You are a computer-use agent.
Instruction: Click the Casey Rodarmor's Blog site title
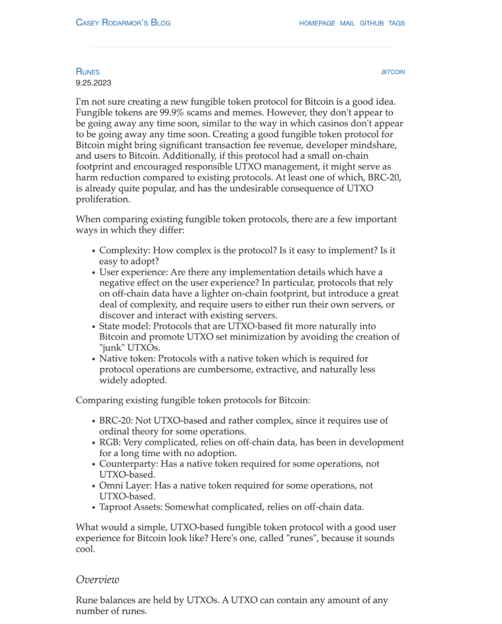123,23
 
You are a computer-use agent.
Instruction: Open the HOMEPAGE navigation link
317,23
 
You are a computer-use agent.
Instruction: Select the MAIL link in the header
347,23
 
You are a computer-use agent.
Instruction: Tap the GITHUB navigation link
371,23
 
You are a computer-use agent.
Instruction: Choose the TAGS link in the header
396,23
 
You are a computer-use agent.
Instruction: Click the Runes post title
88,72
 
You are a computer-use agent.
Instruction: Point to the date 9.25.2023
93,83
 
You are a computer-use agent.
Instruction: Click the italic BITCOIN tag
393,72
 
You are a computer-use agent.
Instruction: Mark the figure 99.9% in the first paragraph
172,113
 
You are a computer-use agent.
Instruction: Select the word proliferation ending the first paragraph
102,199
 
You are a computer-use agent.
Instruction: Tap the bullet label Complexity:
125,250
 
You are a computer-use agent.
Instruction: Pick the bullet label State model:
125,326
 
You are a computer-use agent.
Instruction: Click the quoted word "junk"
112,347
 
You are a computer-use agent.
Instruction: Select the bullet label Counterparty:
128,464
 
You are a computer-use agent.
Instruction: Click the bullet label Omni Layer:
125,485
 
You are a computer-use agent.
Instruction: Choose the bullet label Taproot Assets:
131,507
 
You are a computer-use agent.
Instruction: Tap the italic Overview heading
98,579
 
